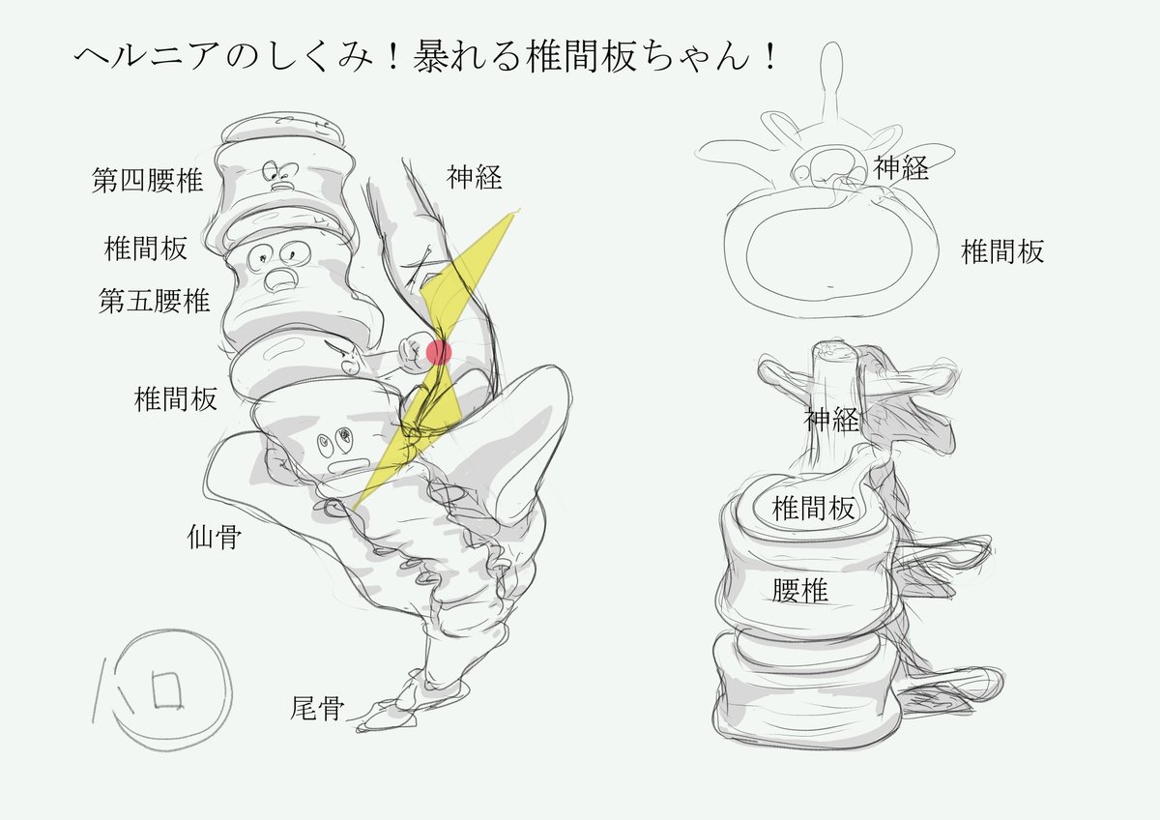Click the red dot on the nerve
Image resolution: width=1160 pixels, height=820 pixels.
(x=439, y=352)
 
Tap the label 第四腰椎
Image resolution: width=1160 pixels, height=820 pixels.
(x=148, y=181)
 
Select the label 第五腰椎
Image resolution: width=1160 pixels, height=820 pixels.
(x=155, y=300)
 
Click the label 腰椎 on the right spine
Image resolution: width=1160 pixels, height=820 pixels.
(x=800, y=590)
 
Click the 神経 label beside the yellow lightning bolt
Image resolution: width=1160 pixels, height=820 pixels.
(x=475, y=177)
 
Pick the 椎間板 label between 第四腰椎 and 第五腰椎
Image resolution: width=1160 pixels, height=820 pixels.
(x=145, y=249)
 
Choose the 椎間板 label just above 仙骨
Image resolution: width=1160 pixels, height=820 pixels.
(x=176, y=398)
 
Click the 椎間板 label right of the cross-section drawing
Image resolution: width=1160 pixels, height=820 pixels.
(x=1002, y=252)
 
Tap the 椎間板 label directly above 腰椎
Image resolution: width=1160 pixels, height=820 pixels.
(x=813, y=509)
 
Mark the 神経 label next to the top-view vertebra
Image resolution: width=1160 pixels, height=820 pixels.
(x=902, y=168)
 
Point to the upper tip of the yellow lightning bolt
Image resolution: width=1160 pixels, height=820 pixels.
(x=514, y=213)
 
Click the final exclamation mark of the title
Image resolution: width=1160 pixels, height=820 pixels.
(x=768, y=58)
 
